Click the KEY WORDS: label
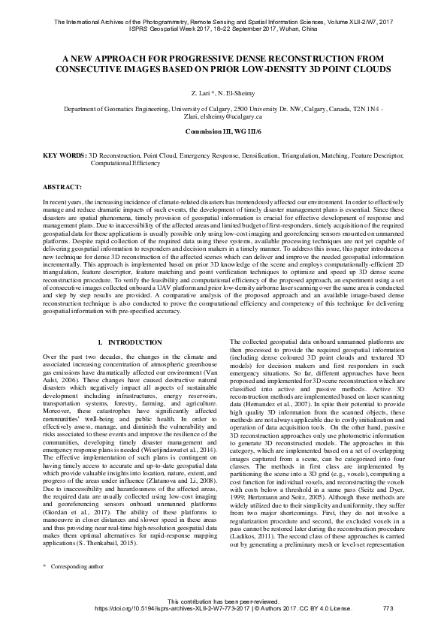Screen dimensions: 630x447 [x=65, y=155]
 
